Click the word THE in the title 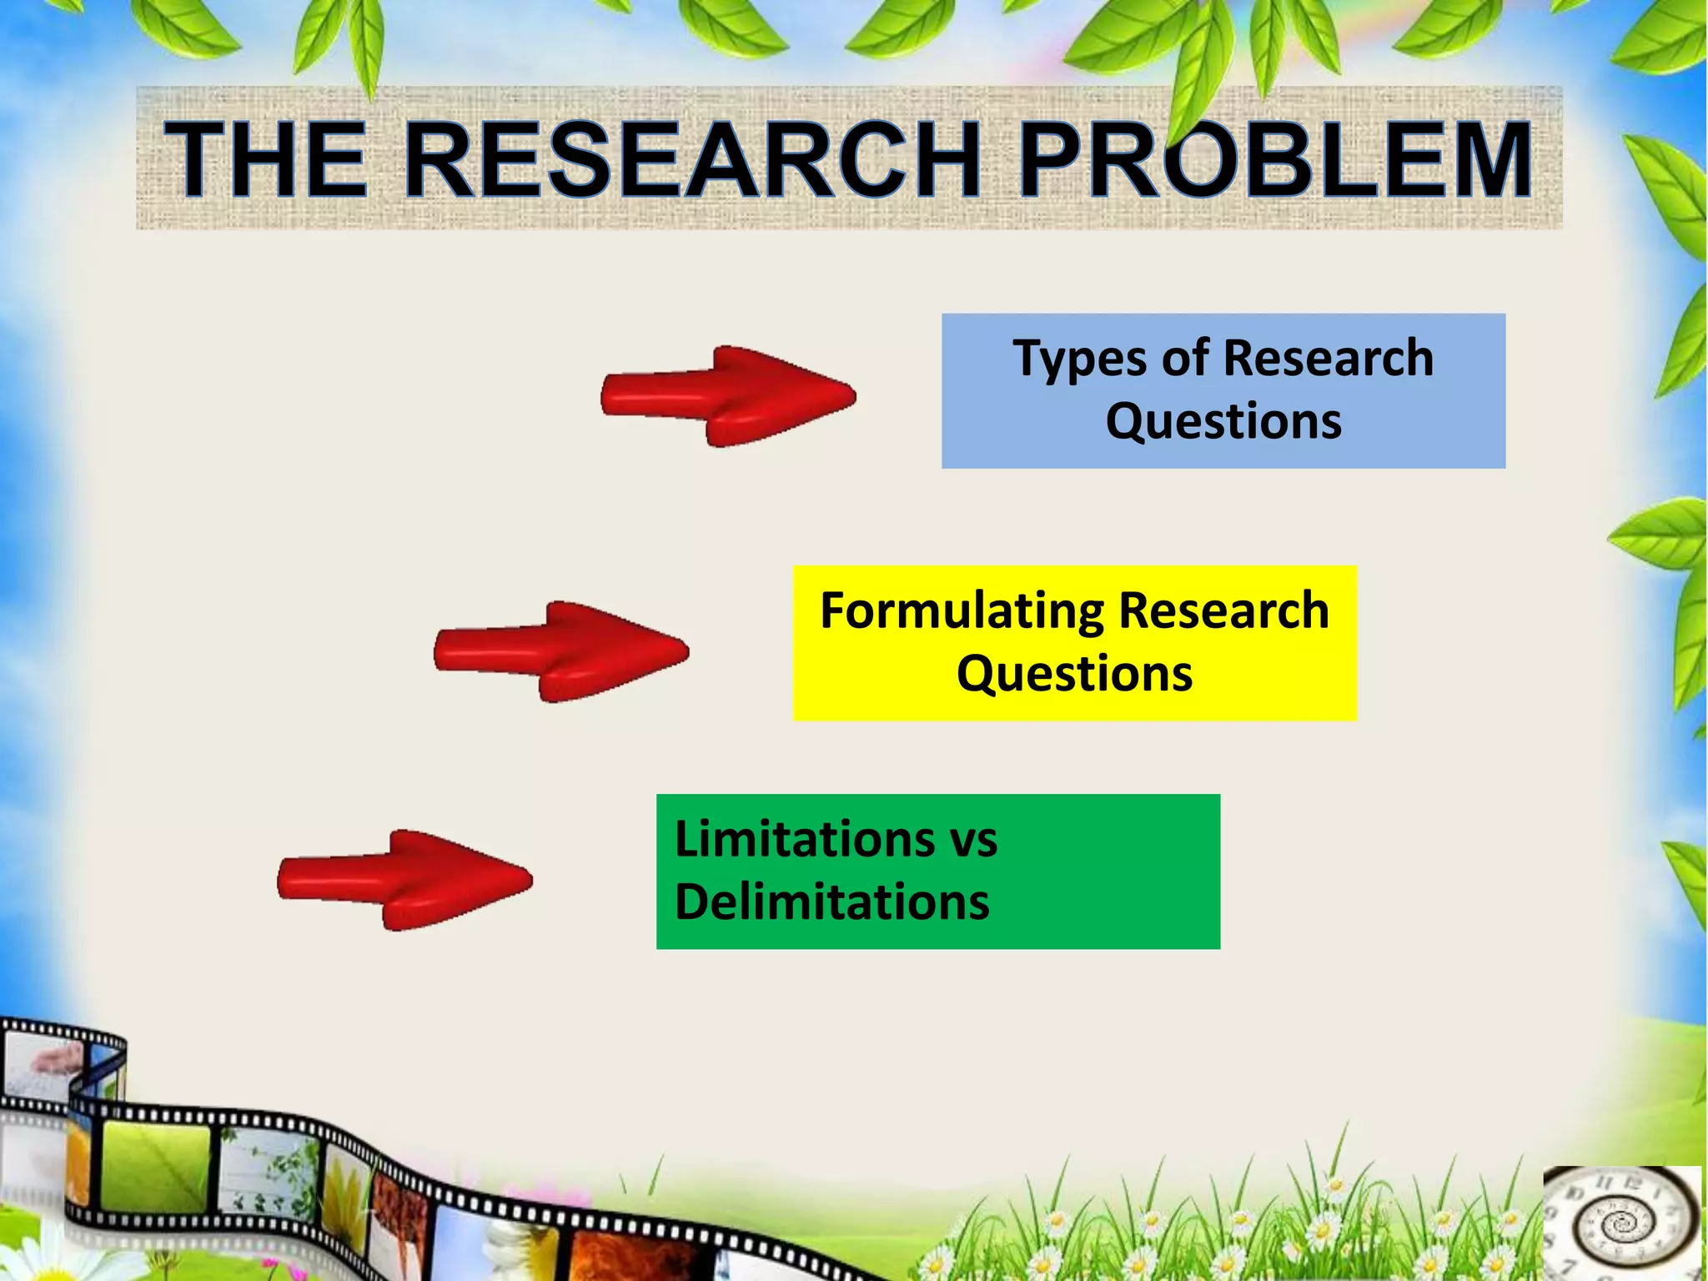click(x=265, y=160)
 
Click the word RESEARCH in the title click(x=691, y=160)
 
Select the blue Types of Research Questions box click(x=1223, y=390)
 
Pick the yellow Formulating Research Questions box click(x=1074, y=642)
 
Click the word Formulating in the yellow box click(x=962, y=611)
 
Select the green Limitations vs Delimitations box click(x=937, y=871)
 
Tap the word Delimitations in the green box click(x=831, y=902)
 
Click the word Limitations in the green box click(x=804, y=839)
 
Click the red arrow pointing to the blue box click(x=727, y=395)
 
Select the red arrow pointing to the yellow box click(x=560, y=651)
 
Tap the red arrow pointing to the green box click(x=404, y=879)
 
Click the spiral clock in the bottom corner click(x=1620, y=1223)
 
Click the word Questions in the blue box click(x=1223, y=421)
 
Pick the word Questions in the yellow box click(x=1074, y=674)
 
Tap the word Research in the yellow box click(x=1223, y=611)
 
